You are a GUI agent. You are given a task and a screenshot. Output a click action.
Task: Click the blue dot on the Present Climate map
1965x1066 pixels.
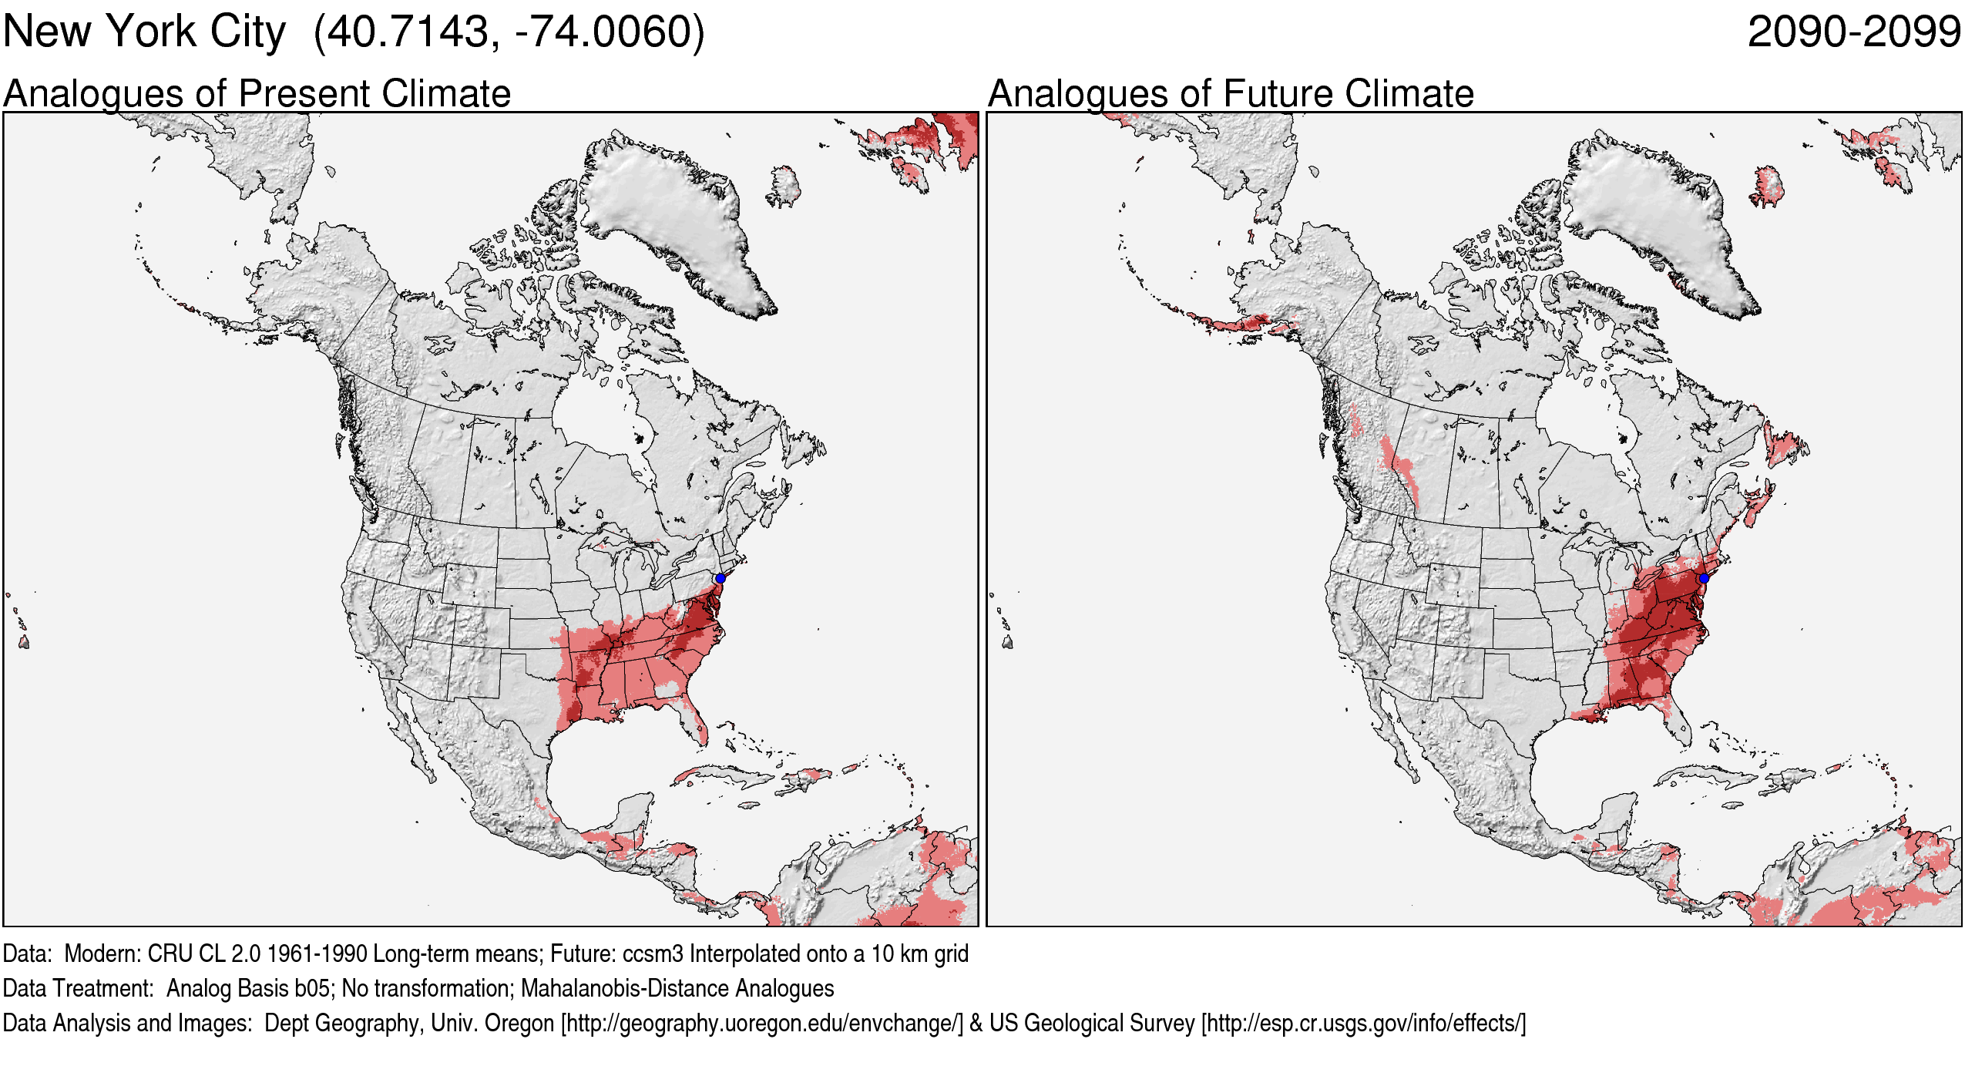coord(720,578)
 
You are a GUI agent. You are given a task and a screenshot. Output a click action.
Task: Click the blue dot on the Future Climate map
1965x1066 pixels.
coord(1704,578)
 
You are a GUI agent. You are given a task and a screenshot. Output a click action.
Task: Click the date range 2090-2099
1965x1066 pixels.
coord(1853,32)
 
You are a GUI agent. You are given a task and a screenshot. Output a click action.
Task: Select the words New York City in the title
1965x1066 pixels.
coord(144,32)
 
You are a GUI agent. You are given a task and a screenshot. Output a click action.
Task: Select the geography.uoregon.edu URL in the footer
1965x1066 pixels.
coord(761,1023)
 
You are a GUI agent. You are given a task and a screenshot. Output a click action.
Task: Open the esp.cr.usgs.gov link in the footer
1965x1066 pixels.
coord(1363,1023)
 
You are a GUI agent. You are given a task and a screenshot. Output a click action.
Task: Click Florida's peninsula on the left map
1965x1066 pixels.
coord(690,717)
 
